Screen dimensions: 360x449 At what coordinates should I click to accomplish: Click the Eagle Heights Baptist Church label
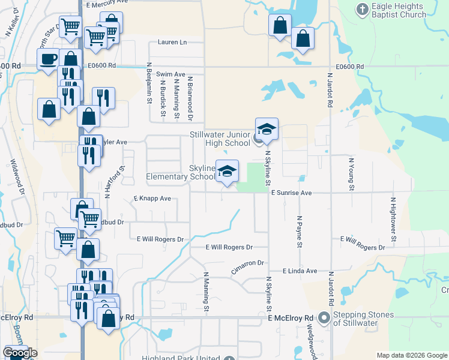(399, 10)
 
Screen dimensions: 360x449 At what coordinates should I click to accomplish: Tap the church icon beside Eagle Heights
(362, 10)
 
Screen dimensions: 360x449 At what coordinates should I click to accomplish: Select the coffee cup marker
(48, 59)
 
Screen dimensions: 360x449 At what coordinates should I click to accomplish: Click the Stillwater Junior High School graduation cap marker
(267, 129)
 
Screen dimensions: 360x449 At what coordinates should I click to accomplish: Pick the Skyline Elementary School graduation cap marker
(227, 171)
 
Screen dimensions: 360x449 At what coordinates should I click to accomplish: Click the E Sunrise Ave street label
(291, 193)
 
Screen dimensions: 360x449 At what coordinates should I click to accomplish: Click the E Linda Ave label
(300, 271)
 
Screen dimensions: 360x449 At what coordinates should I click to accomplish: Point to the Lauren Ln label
(172, 43)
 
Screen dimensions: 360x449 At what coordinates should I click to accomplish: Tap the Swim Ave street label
(170, 74)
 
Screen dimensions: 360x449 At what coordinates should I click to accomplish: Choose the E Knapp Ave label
(152, 198)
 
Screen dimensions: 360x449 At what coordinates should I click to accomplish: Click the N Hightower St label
(394, 219)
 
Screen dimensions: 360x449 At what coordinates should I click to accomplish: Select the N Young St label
(351, 172)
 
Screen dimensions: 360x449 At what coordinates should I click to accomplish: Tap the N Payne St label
(298, 230)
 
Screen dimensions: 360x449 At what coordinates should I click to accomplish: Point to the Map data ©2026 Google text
(412, 355)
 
